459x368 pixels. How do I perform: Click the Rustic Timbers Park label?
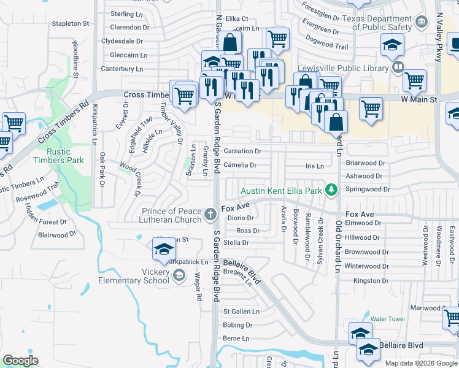click(67, 156)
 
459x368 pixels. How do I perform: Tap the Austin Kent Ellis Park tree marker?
click(331, 190)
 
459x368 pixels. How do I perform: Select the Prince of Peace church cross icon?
click(210, 214)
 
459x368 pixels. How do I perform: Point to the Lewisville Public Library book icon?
click(398, 66)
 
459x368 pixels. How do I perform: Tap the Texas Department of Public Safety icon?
click(422, 23)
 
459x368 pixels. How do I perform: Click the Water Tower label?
click(388, 319)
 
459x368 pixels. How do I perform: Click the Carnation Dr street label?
click(242, 151)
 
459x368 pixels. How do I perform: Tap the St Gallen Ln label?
click(241, 312)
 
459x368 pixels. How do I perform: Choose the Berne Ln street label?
click(236, 339)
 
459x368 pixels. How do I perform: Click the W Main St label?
click(420, 99)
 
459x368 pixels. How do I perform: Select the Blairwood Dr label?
click(56, 234)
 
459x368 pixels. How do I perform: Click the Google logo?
click(20, 361)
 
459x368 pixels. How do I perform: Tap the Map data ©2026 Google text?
click(420, 363)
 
